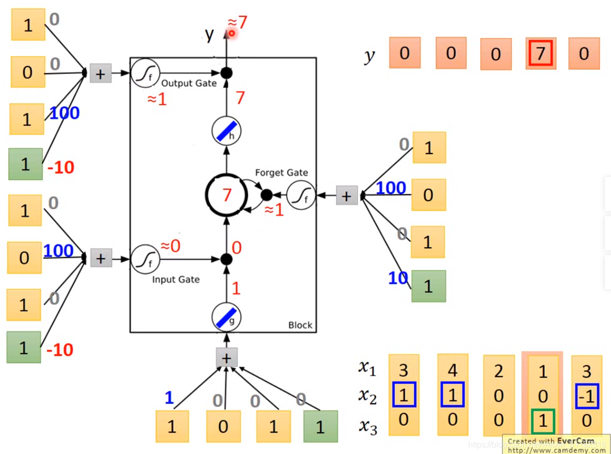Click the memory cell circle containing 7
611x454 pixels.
point(226,195)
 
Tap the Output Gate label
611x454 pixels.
point(188,83)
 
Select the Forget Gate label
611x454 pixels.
point(281,172)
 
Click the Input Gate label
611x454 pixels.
point(176,279)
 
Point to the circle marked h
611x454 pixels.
point(226,132)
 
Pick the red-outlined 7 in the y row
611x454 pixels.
point(541,53)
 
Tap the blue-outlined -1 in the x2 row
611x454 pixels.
point(587,395)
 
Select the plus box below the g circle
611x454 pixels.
point(227,358)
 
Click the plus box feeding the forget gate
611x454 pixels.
point(346,196)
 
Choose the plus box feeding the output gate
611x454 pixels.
point(101,74)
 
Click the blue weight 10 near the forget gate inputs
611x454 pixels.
point(398,278)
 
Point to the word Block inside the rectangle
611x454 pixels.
point(300,325)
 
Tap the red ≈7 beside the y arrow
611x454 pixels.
point(237,22)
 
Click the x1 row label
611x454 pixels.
point(367,368)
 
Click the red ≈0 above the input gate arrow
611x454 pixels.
point(171,246)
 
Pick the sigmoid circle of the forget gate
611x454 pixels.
point(301,196)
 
